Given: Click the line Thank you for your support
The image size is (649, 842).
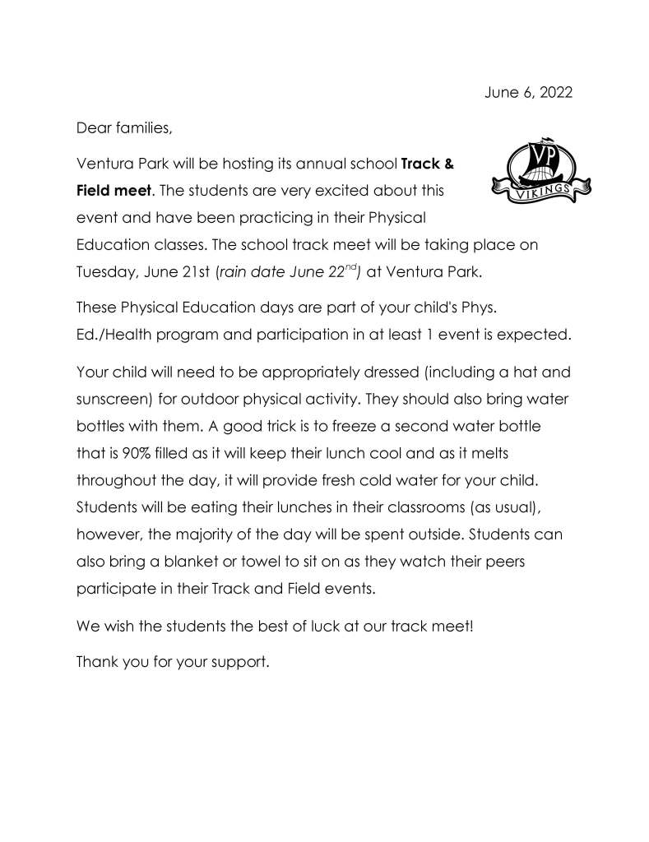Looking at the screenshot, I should (x=173, y=661).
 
